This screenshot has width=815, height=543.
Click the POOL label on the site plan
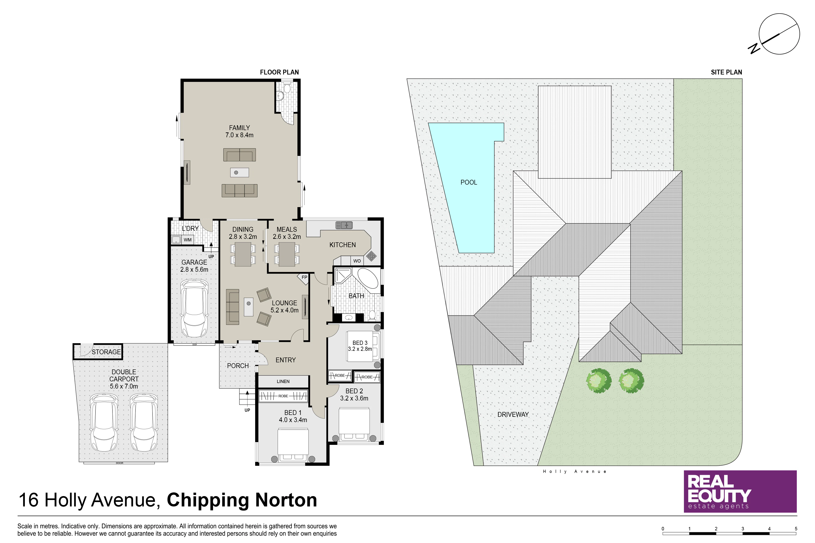469,182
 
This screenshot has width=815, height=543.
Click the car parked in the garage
194,308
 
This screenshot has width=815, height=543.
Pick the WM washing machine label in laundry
187,240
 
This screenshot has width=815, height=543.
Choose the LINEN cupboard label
283,381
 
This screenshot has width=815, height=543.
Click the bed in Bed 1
293,445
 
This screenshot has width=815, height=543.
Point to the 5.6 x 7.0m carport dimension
124,386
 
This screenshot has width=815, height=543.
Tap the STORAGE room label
106,352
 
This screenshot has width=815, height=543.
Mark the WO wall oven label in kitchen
357,261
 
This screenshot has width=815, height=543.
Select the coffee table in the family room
239,172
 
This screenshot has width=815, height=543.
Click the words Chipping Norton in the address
242,500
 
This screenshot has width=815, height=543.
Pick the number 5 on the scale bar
796,529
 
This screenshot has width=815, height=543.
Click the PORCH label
238,366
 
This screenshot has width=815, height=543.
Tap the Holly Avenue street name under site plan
575,471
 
